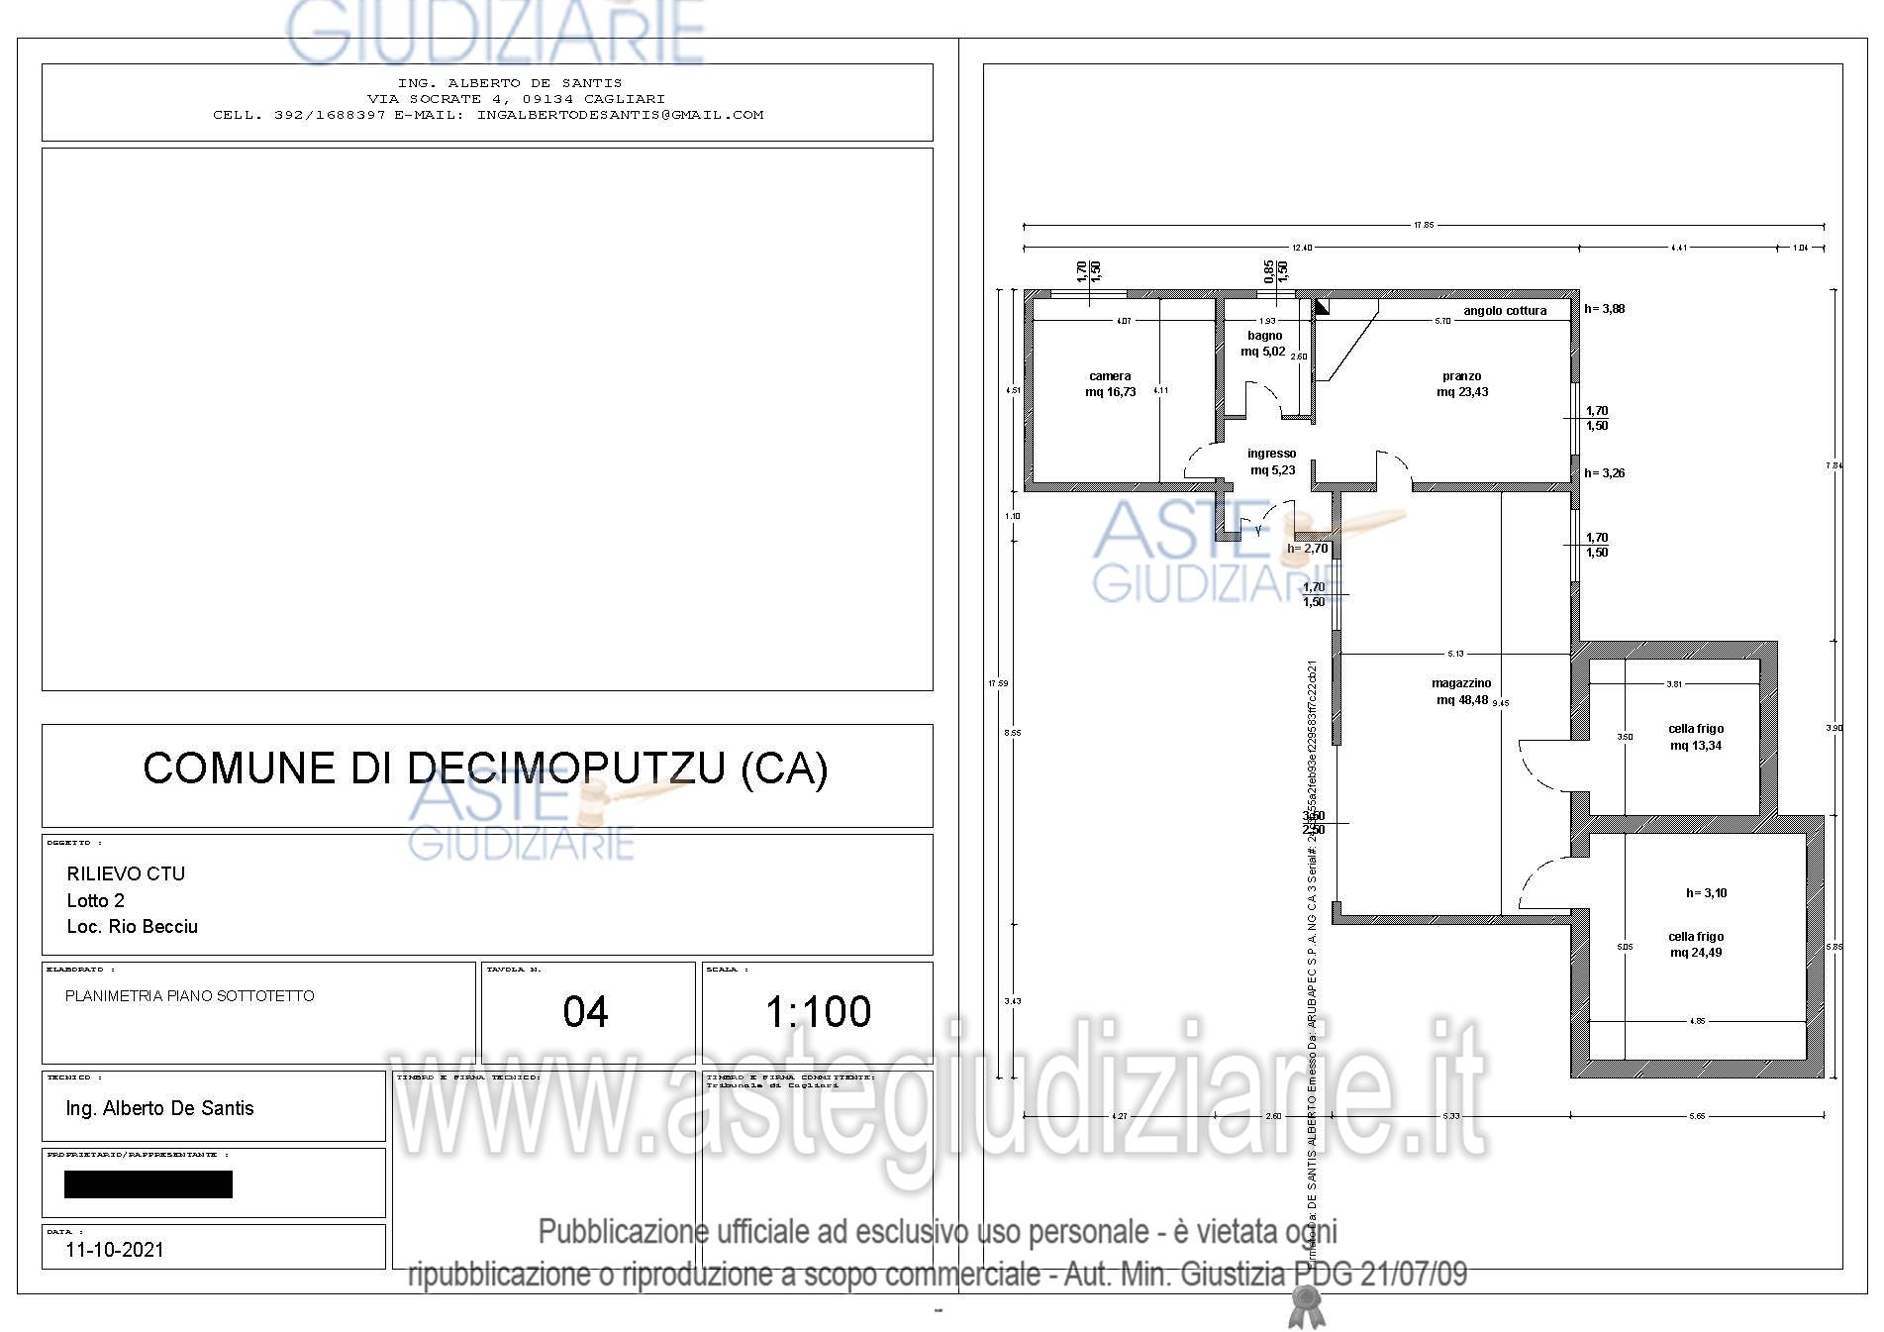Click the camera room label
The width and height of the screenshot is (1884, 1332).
click(1109, 384)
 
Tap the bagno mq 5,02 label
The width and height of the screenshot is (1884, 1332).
click(1264, 344)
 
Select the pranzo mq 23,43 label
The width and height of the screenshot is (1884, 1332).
click(1461, 384)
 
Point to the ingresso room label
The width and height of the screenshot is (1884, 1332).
click(1271, 461)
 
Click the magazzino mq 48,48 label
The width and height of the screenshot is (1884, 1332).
click(1461, 691)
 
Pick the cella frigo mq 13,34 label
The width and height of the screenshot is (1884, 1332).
click(1695, 737)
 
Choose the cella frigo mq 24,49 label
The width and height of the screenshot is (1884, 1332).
click(1695, 944)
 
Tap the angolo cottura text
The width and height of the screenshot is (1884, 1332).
click(1504, 311)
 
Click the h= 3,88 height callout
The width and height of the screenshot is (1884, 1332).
click(1604, 309)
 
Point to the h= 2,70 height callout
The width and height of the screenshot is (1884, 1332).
click(1307, 549)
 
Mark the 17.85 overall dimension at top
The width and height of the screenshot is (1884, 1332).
click(1423, 226)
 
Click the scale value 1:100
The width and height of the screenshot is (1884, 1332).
click(818, 1011)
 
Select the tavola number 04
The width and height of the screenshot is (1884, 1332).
click(585, 1011)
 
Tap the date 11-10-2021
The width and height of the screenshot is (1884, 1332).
click(115, 1250)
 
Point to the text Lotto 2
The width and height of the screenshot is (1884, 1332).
click(96, 900)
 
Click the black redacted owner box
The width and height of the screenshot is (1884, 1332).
click(149, 1184)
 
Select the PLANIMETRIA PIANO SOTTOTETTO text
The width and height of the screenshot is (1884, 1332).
click(189, 996)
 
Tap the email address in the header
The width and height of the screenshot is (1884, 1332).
click(620, 115)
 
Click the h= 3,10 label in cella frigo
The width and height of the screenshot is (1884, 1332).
click(1706, 893)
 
